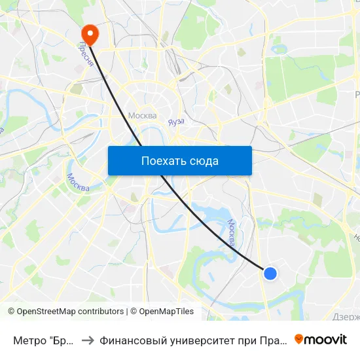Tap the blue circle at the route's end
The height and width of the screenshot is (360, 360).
[270, 274]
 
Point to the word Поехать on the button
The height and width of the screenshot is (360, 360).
[161, 161]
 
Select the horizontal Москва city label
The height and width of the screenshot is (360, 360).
[142, 116]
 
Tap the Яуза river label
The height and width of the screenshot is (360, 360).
[176, 122]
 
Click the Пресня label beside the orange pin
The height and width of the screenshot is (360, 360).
[84, 51]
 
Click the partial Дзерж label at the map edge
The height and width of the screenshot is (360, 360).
[346, 317]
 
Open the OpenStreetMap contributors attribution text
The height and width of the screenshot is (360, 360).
[70, 312]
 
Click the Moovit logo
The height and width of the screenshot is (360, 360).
[321, 339]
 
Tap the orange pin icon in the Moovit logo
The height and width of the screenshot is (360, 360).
[299, 339]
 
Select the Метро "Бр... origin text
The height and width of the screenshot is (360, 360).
[42, 340]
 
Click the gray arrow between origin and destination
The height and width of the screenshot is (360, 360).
[87, 340]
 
